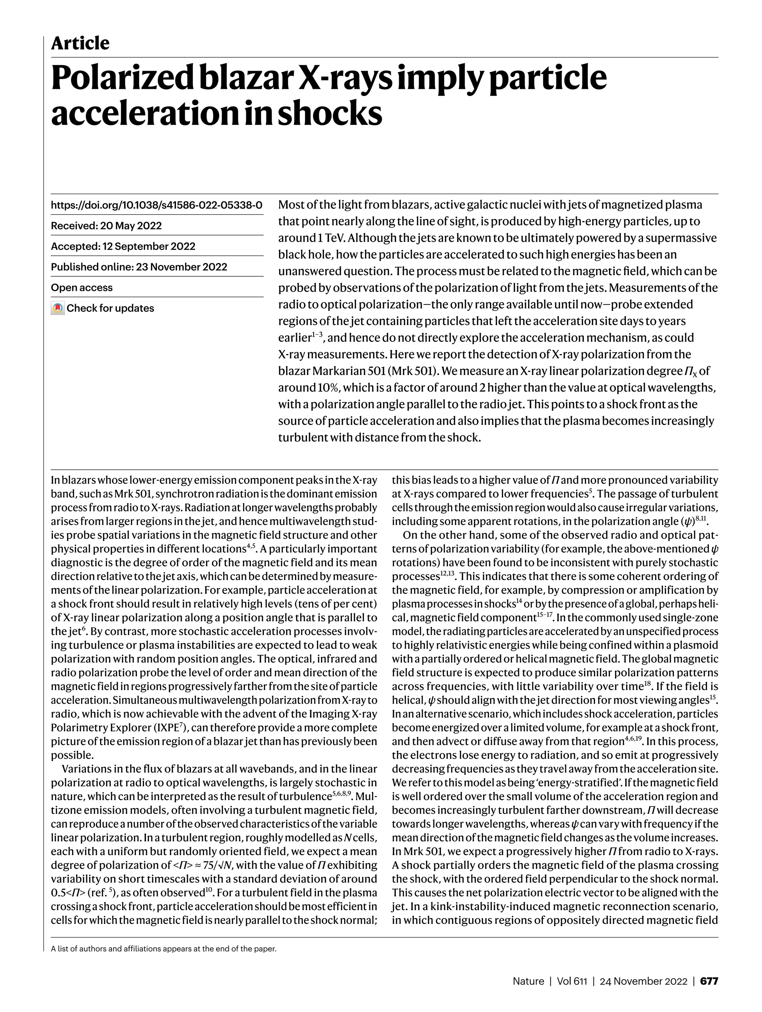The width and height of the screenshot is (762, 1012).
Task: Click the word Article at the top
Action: pyautogui.click(x=80, y=44)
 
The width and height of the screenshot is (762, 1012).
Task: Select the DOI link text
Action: pyautogui.click(x=157, y=205)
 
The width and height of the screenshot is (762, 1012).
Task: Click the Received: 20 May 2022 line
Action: pyautogui.click(x=106, y=225)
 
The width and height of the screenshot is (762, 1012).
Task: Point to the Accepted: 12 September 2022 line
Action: pyautogui.click(x=123, y=246)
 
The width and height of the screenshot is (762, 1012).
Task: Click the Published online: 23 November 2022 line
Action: pyautogui.click(x=139, y=267)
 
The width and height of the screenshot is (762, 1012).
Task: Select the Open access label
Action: pyautogui.click(x=81, y=287)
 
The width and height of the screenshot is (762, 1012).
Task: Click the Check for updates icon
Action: pyautogui.click(x=57, y=308)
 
